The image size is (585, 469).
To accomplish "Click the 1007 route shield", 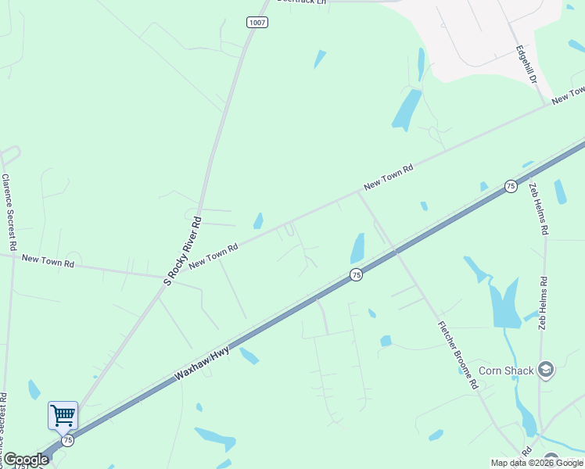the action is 257,22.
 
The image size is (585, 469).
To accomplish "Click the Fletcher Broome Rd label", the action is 458,356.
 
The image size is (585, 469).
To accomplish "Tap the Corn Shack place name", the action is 505,371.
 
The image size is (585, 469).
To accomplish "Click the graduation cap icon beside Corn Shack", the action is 545,370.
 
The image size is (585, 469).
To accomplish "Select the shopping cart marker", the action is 63,415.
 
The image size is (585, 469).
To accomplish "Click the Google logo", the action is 26,460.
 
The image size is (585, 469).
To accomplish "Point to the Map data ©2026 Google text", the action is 537,463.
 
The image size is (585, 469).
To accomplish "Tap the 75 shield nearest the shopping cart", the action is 67,441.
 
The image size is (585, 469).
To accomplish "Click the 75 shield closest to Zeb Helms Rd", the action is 510,186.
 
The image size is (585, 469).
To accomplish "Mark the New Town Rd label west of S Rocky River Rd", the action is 48,260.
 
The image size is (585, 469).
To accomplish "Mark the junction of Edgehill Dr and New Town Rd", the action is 546,104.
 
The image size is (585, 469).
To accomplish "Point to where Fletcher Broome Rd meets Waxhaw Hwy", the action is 396,252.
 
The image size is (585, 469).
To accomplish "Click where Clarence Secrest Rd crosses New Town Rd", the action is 11,255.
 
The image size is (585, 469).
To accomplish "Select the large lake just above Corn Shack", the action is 504,303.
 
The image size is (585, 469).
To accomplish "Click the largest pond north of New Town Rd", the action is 407,109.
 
